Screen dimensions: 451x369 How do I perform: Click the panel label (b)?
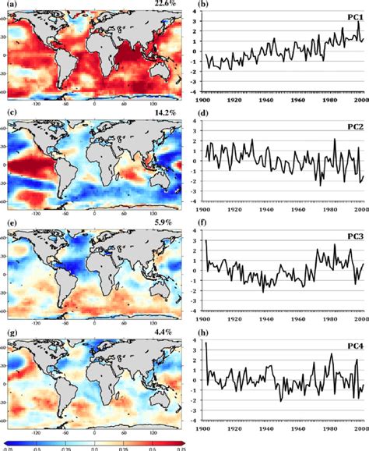pos(202,5)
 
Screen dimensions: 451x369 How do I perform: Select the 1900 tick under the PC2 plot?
pos(206,210)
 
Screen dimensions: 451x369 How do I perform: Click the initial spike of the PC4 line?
pos(207,344)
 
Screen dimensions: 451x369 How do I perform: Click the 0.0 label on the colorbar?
pos(94,446)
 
